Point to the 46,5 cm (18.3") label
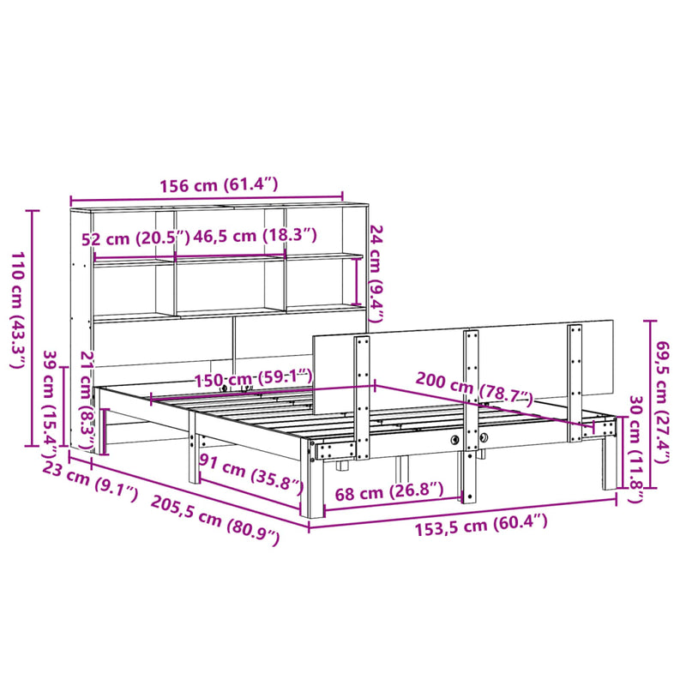(256, 235)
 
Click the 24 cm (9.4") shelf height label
(376, 274)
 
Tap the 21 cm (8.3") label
(85, 398)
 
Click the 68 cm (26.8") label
(390, 490)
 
